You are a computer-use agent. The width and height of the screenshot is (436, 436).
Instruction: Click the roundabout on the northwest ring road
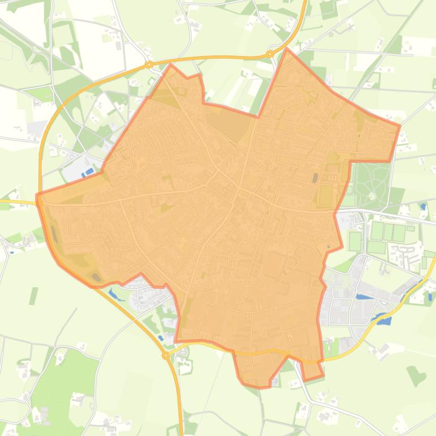pyautogui.click(x=149, y=65)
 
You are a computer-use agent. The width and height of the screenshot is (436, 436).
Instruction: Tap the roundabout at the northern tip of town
pyautogui.click(x=270, y=54)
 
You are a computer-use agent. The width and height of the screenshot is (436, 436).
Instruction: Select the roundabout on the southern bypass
pyautogui.click(x=166, y=356)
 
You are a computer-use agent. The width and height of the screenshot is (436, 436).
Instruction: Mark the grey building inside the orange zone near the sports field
pyautogui.click(x=315, y=178)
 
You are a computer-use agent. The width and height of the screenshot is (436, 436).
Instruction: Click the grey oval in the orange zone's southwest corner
pyautogui.click(x=96, y=277)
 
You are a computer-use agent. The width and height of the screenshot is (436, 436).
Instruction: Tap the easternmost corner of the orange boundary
pyautogui.click(x=400, y=126)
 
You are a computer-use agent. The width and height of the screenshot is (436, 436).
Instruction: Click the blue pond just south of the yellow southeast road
pyautogui.click(x=384, y=320)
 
